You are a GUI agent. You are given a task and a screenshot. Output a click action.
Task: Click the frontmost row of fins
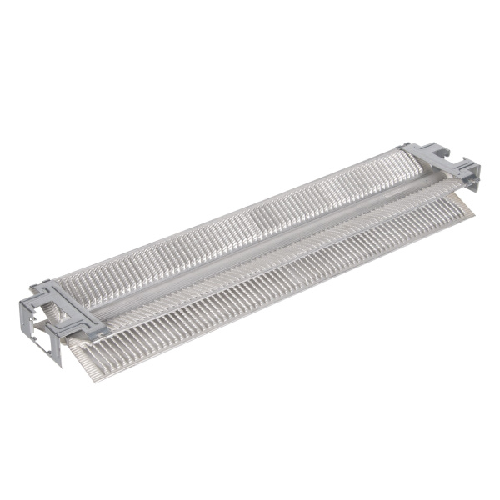coord(250,292)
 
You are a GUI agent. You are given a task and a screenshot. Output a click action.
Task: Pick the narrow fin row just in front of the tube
coord(275,250)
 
